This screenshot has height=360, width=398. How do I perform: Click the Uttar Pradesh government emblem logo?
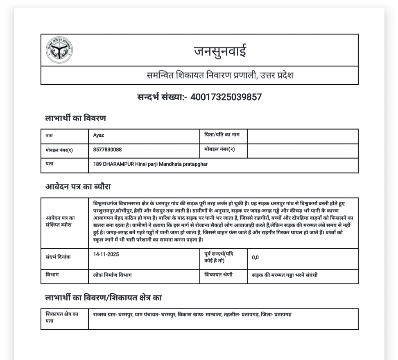[59, 50]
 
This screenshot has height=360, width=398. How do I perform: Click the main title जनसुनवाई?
[220, 51]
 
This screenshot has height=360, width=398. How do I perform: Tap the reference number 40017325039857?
[226, 97]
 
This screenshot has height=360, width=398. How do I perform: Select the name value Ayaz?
[99, 135]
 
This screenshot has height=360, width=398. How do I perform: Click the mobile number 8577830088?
[107, 150]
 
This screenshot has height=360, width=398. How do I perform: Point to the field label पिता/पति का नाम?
[222, 135]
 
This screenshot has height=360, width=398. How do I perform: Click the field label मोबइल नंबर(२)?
[219, 149]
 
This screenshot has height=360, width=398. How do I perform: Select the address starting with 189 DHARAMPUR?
[150, 164]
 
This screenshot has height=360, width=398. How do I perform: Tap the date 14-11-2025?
[106, 254]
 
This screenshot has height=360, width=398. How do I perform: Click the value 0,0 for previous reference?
[255, 257]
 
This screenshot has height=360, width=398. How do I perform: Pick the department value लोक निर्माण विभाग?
[112, 275]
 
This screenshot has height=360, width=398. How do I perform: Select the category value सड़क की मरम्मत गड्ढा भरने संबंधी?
[285, 275]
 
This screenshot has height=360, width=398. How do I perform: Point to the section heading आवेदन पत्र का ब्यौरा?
[78, 187]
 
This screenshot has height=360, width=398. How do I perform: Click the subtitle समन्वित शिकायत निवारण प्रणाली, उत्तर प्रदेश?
[220, 76]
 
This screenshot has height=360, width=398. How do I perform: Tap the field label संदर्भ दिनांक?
[58, 257]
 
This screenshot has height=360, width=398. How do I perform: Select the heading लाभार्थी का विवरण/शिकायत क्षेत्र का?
[103, 298]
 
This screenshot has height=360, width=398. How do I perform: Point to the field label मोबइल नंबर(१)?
[59, 150]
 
